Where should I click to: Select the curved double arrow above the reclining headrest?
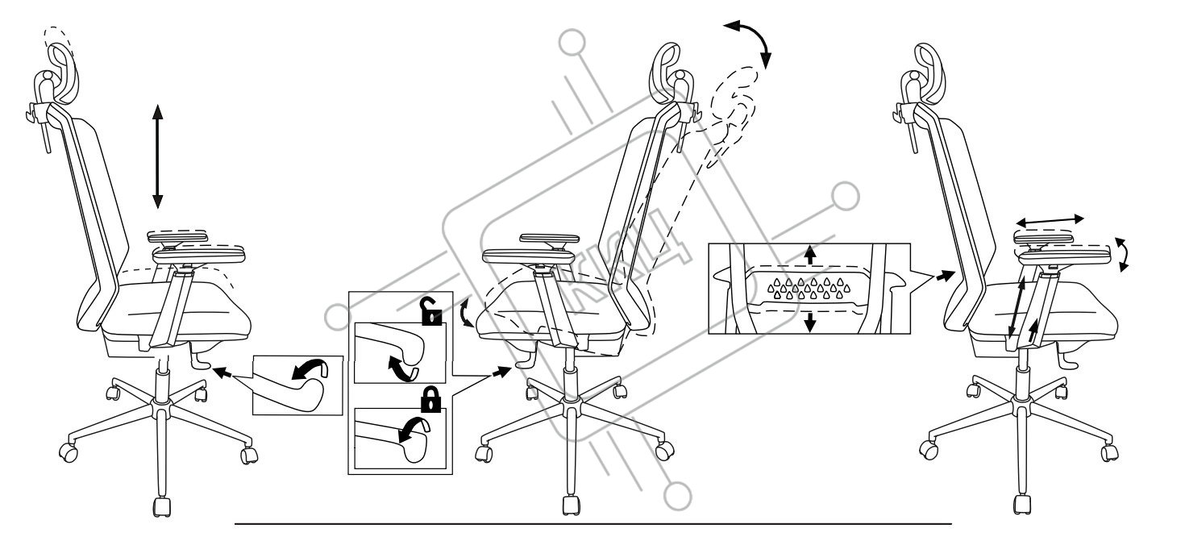[749, 41]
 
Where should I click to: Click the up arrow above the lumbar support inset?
[811, 254]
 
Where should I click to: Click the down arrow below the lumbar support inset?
[811, 321]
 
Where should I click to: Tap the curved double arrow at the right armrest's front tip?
[1122, 253]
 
